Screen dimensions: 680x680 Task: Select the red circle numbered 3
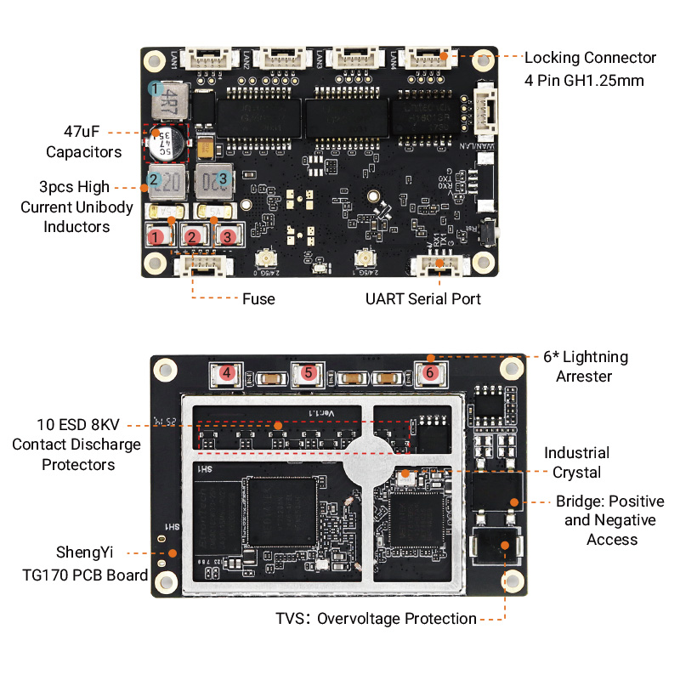228,237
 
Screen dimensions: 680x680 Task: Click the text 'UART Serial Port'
423,299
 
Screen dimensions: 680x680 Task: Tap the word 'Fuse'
258,299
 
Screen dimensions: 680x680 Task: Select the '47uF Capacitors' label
83,142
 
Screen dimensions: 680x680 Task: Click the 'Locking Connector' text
590,59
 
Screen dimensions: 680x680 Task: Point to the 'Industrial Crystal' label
576,462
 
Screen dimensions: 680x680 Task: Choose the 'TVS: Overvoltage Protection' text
375,619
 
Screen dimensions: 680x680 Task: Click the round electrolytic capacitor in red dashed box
166,143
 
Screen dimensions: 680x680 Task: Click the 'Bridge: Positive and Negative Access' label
610,520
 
